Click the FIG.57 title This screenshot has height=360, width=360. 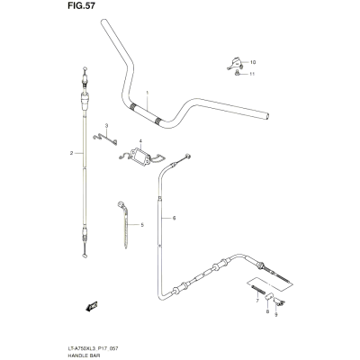[79, 6]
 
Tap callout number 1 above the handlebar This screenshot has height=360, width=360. [147, 93]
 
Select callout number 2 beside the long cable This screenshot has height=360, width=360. [72, 153]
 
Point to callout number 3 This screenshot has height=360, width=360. [106, 125]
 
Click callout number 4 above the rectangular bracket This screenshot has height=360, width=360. [140, 141]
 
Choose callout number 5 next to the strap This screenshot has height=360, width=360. [142, 225]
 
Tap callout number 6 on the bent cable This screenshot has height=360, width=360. [174, 218]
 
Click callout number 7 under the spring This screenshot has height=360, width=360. [257, 301]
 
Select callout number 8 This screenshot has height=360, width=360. [267, 311]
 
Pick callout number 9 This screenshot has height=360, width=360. [276, 315]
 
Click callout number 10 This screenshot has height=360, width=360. [252, 62]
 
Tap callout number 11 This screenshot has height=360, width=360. [252, 74]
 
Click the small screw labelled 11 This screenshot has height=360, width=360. [237, 73]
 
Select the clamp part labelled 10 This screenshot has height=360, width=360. [235, 63]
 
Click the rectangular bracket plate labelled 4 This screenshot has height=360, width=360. [139, 157]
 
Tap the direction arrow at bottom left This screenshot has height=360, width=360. [92, 306]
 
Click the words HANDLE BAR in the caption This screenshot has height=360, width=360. [82, 355]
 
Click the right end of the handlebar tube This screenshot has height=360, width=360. [267, 116]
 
